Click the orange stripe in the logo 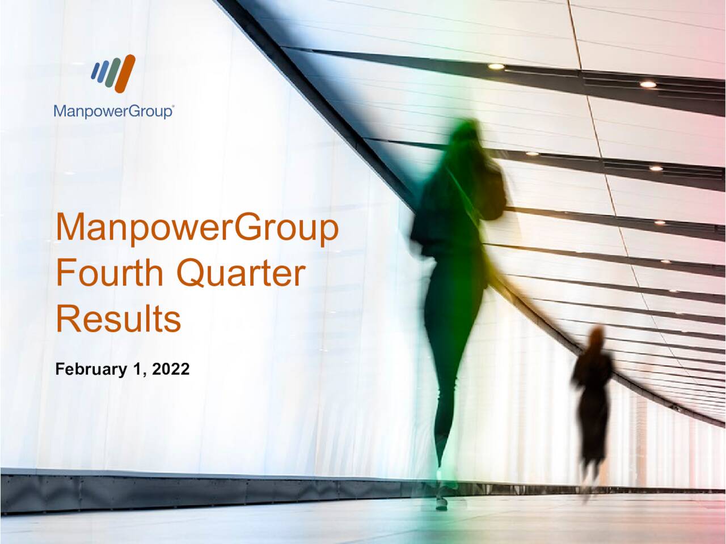click(x=125, y=74)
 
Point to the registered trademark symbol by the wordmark click(x=172, y=106)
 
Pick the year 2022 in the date click(x=171, y=369)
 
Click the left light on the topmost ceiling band click(x=496, y=66)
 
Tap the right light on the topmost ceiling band click(x=648, y=84)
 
